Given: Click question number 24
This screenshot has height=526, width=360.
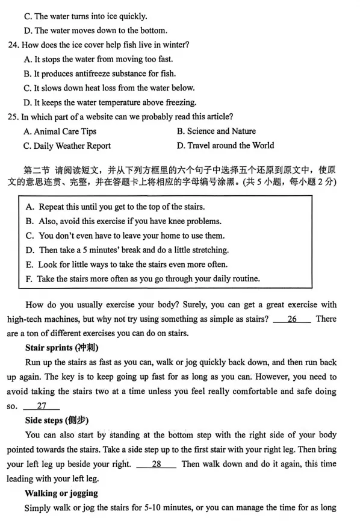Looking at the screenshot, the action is click(13, 45).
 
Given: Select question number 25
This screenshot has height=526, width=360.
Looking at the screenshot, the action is click(13, 117).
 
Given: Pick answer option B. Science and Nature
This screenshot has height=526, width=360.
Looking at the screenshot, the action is click(216, 131).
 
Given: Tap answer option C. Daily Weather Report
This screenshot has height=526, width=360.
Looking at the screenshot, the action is click(67, 146).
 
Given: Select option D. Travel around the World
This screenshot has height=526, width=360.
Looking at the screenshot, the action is click(225, 146).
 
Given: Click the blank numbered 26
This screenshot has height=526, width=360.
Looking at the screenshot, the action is click(292, 319).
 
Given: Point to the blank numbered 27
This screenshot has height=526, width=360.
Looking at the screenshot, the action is click(42, 406).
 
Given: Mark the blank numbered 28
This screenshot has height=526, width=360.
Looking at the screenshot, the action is click(156, 464).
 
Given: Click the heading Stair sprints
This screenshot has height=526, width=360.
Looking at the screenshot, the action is click(62, 348).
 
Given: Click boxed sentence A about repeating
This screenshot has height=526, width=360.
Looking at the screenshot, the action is click(116, 207).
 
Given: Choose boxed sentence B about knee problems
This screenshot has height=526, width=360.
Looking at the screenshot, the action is click(124, 221).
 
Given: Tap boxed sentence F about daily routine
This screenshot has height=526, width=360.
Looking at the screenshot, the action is click(143, 279).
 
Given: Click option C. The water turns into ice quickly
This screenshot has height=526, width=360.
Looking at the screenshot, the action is click(85, 16).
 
